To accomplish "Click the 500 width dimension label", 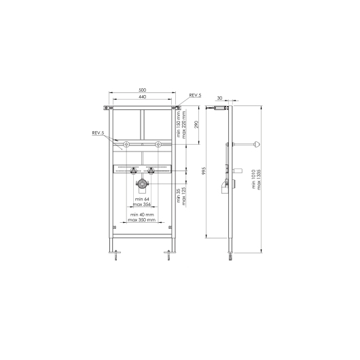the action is coord(143,90).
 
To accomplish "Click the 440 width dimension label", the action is coord(143,97).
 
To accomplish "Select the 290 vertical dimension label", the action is coord(196,124).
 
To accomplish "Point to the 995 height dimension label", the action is coord(204,171).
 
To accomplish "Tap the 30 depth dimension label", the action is coord(219,98).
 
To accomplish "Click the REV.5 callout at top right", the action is coord(195,95).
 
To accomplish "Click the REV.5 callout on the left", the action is coord(98,133).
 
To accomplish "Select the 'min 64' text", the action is coord(142,199).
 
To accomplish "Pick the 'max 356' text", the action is coord(142,204).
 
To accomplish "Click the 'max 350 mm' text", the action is coord(142,219).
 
